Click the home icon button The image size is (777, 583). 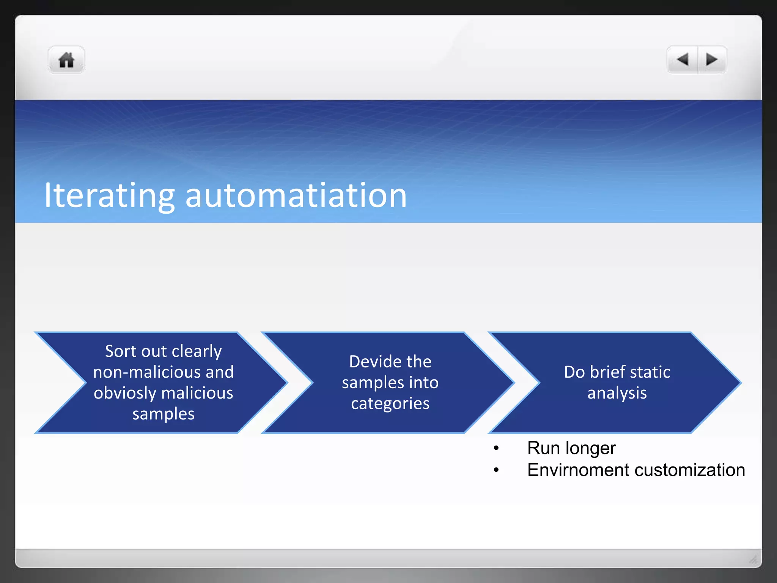(x=66, y=60)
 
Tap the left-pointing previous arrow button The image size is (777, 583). (x=683, y=60)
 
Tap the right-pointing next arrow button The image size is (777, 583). (x=712, y=60)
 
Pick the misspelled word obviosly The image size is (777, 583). (x=123, y=393)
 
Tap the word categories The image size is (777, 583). (x=390, y=403)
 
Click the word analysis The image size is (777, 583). (x=617, y=393)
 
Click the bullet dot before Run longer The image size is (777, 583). (x=496, y=449)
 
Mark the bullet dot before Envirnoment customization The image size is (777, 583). (x=496, y=470)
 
